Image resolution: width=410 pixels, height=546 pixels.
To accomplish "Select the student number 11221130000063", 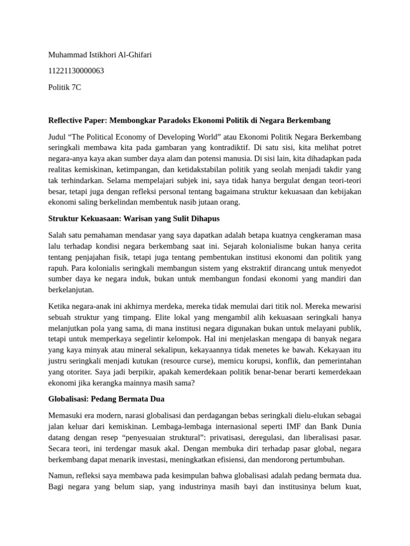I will click(76, 71).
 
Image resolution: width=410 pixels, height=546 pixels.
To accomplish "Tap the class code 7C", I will click(75, 87).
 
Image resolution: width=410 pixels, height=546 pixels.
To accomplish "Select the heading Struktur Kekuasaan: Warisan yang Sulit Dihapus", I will click(133, 219).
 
